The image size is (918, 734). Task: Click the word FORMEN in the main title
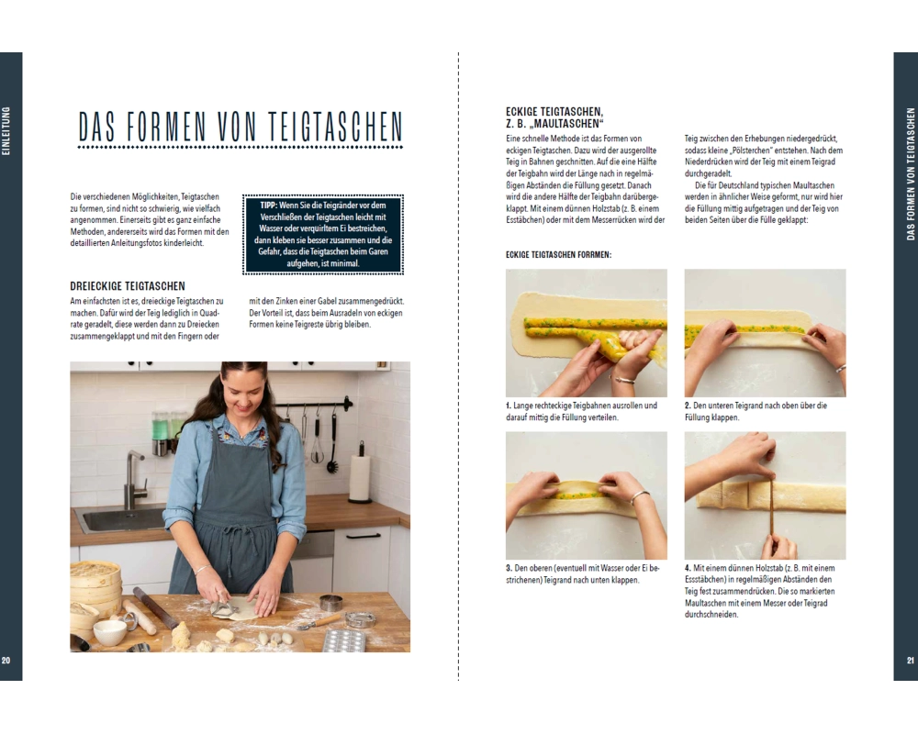[166, 127]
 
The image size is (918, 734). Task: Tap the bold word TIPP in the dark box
[269, 206]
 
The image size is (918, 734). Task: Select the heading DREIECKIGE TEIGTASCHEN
[128, 286]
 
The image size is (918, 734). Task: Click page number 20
[6, 661]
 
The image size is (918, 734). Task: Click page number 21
[910, 661]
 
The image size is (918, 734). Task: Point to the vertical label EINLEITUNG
[6, 130]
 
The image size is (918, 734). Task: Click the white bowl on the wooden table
[109, 633]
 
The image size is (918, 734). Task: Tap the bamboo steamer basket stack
[95, 585]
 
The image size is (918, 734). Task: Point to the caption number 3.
[509, 568]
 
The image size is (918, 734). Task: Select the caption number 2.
[688, 405]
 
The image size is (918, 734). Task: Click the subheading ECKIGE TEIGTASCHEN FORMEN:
[558, 255]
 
